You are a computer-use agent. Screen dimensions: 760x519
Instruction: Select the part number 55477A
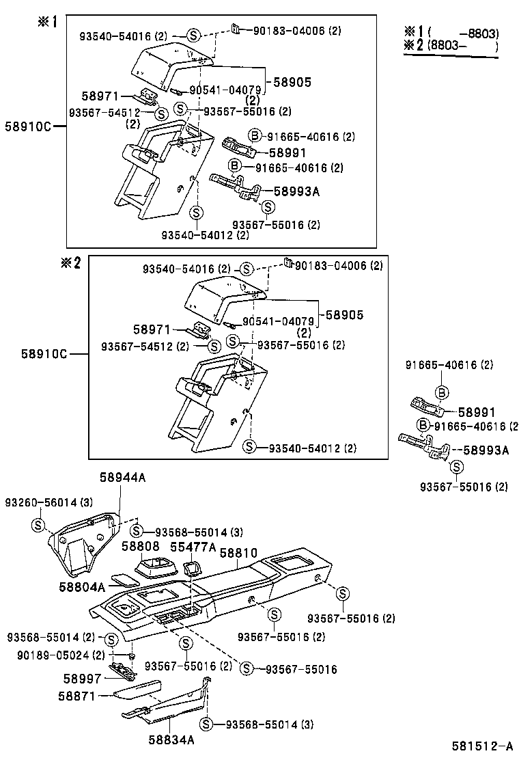(193, 547)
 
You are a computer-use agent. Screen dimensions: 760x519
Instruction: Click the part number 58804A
(81, 586)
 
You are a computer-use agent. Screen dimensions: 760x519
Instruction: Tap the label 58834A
(171, 739)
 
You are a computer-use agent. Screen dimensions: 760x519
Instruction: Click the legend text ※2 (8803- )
(451, 46)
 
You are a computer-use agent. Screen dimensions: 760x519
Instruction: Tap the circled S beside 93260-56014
(39, 524)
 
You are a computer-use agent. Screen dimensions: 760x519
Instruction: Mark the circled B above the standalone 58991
(442, 392)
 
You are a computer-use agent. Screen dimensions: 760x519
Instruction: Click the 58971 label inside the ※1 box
(100, 96)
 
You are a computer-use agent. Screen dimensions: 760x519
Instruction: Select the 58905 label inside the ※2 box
(344, 315)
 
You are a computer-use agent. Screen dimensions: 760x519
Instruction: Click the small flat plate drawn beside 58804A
(124, 580)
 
